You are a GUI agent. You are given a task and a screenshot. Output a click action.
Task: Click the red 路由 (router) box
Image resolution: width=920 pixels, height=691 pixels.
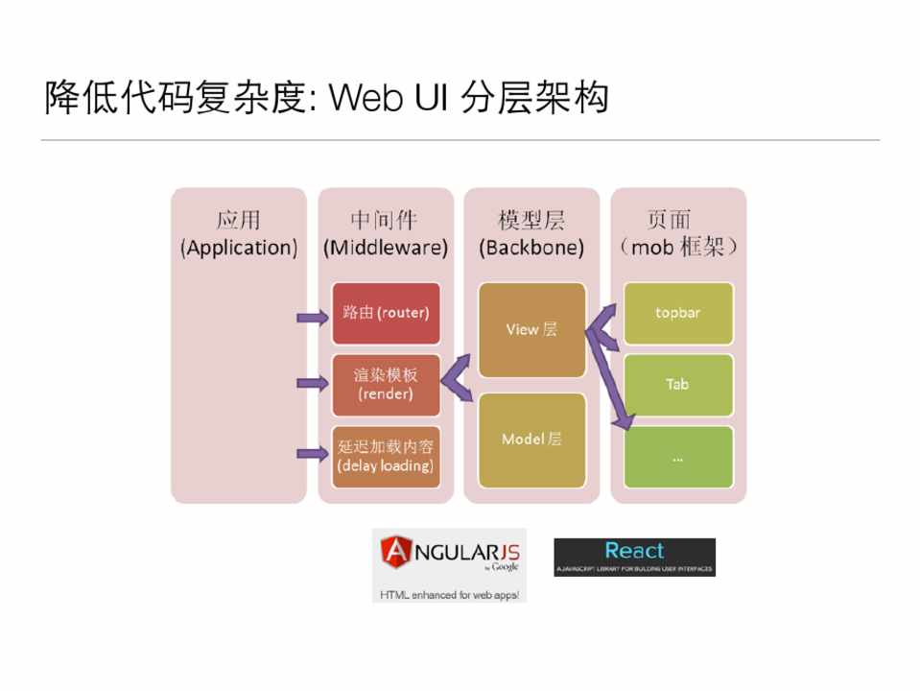386,313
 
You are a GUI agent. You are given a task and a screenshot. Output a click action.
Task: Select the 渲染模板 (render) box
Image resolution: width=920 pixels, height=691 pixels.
386,384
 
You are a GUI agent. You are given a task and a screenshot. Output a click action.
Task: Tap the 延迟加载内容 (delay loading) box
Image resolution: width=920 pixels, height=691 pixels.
386,457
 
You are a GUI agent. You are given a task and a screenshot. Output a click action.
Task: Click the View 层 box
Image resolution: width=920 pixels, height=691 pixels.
531,329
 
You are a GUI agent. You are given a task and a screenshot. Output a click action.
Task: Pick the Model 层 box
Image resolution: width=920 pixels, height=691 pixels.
531,440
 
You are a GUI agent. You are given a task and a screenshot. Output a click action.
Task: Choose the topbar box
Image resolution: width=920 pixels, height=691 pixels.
678,313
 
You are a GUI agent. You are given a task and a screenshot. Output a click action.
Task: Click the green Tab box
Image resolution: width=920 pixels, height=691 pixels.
678,384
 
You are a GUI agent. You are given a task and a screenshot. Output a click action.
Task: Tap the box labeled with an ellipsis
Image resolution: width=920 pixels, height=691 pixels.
678,457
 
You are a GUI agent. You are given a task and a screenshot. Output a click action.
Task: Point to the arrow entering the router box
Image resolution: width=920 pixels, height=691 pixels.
312,317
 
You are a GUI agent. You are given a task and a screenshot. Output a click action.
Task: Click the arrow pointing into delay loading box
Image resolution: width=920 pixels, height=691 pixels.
312,453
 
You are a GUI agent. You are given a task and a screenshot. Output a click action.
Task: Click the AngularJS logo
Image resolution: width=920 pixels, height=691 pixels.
449,554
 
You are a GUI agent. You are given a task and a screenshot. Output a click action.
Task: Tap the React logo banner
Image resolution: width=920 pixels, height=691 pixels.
634,557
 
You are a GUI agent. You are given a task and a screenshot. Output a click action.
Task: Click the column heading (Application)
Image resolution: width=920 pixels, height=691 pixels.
239,248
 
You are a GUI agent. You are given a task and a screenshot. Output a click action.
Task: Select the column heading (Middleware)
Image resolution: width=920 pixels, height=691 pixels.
386,248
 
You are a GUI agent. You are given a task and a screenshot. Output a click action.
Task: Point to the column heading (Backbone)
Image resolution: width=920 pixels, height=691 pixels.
531,248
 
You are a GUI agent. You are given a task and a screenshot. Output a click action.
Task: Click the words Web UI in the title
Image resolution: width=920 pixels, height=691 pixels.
389,99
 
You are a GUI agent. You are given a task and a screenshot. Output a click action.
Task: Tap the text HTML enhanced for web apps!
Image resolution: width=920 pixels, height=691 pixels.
449,595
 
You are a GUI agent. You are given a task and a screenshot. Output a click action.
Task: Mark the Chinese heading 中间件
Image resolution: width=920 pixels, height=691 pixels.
384,220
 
